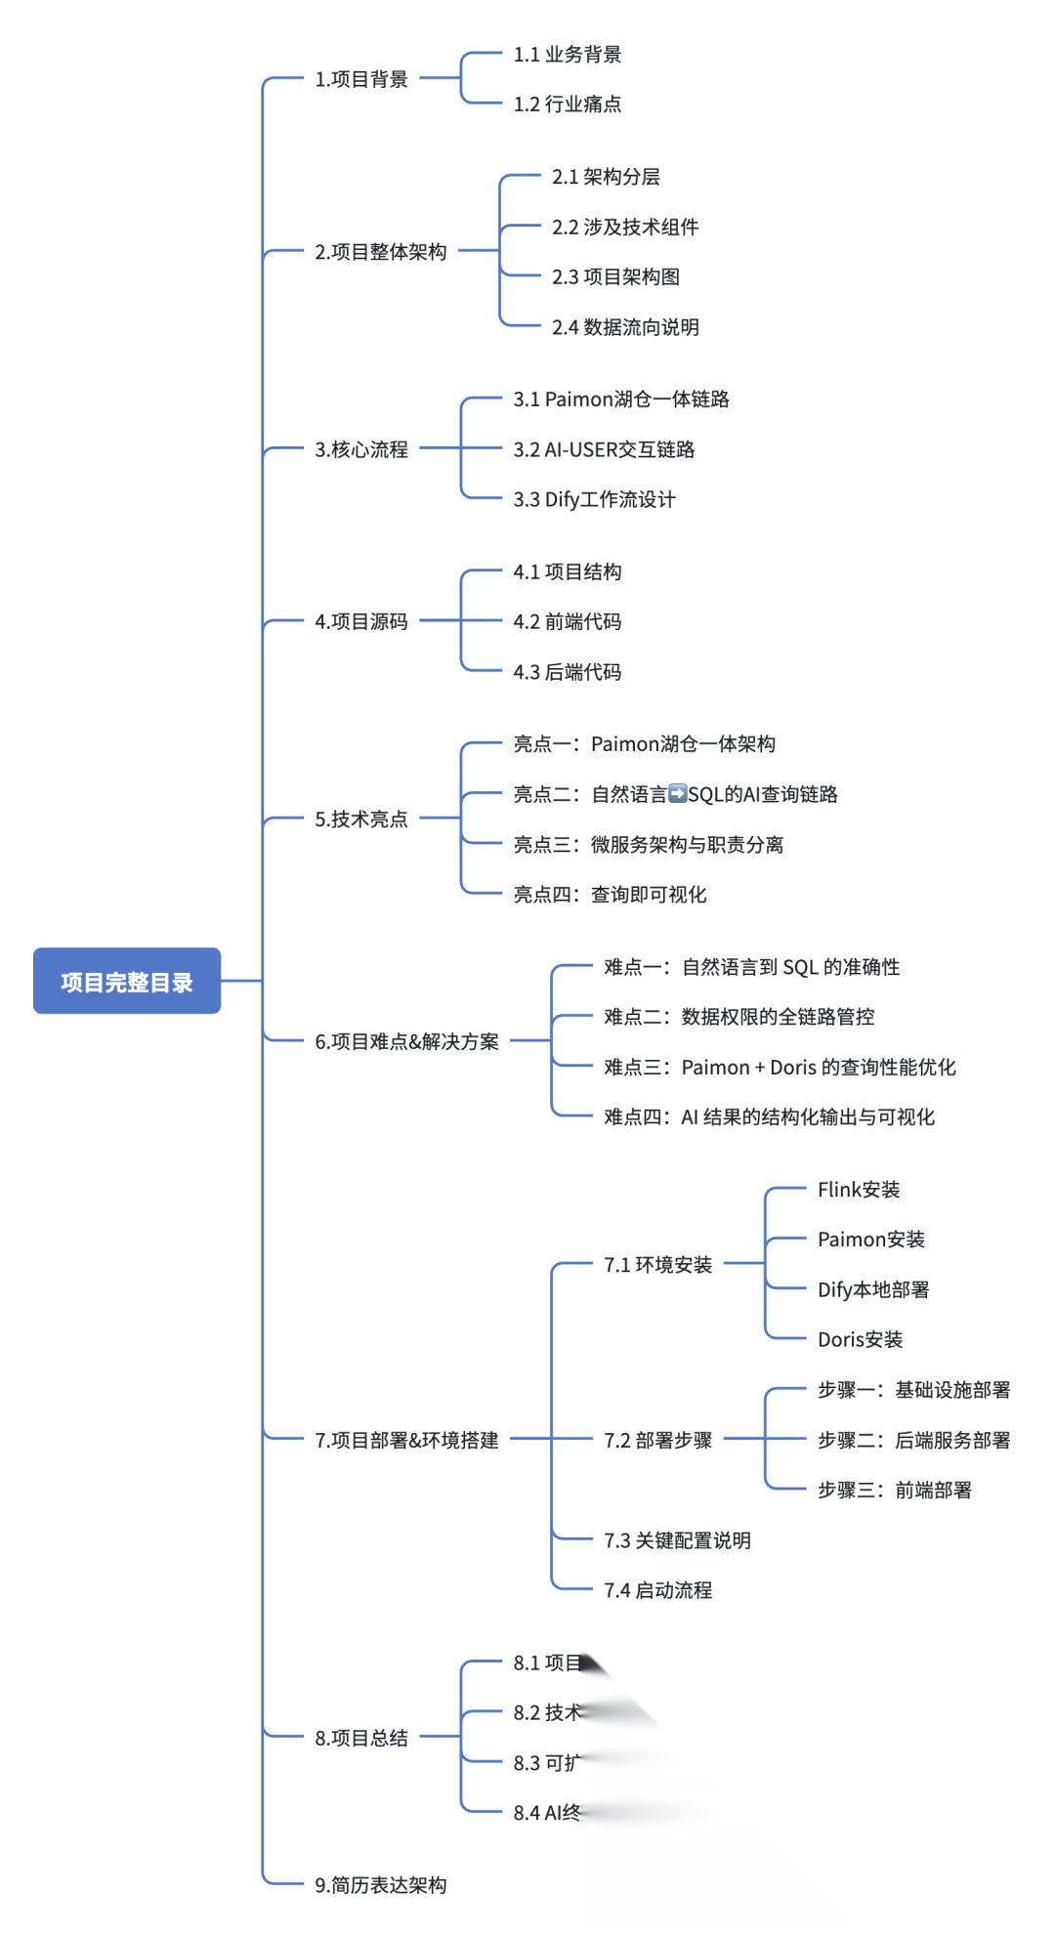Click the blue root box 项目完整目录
click(127, 981)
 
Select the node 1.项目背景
click(361, 79)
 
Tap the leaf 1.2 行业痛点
click(568, 105)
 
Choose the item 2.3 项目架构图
click(615, 277)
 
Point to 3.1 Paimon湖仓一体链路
click(621, 400)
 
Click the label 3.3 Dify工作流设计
click(594, 500)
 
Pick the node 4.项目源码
click(361, 621)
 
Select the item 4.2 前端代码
click(568, 622)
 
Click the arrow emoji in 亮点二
click(678, 794)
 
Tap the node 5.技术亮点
click(361, 819)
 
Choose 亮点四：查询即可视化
click(610, 895)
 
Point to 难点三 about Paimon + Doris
click(780, 1068)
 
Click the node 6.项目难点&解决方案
click(406, 1041)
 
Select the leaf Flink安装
click(859, 1190)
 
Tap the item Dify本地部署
click(873, 1290)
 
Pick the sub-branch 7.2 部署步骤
click(657, 1441)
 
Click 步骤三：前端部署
click(895, 1491)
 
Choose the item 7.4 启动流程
click(657, 1590)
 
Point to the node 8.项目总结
click(361, 1738)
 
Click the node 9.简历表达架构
click(381, 1885)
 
